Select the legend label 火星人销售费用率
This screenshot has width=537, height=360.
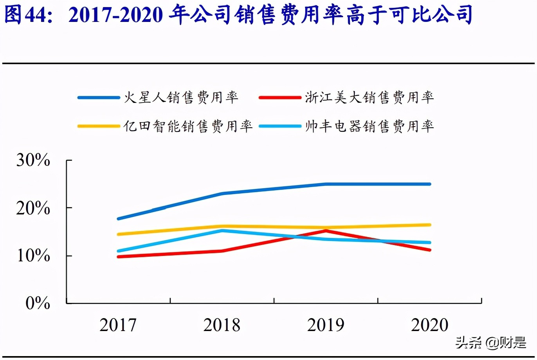point(181,97)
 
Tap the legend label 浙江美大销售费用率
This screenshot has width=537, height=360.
point(369,97)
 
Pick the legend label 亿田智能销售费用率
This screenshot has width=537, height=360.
point(188,126)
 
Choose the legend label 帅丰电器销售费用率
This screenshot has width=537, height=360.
point(369,126)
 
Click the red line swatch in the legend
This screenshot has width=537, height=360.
point(279,97)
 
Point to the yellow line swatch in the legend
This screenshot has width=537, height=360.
point(98,126)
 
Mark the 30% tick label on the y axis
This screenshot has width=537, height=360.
point(33,160)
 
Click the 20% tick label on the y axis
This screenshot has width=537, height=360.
point(33,208)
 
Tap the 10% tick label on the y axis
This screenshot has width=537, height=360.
point(33,256)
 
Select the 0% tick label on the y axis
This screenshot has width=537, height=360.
point(38,303)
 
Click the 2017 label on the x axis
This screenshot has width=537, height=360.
point(118,325)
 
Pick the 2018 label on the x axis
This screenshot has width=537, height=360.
point(222,325)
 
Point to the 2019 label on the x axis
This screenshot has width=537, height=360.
point(326,325)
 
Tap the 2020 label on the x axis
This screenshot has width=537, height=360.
point(429,325)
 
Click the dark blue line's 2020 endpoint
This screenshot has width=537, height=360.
point(429,184)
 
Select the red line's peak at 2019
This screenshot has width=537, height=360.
point(326,231)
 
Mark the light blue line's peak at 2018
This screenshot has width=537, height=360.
point(222,230)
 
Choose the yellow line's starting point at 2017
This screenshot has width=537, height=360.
point(118,234)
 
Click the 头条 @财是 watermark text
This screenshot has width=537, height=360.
point(491,343)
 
